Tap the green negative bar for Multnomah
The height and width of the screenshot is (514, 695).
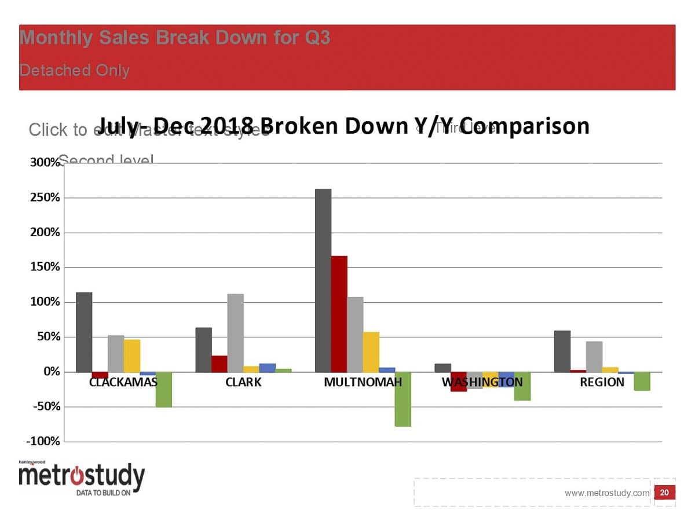[x=403, y=399]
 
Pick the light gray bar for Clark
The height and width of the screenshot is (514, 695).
[x=235, y=333]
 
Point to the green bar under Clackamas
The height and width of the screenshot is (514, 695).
[x=164, y=390]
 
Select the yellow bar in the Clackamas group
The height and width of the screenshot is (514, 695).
[x=132, y=355]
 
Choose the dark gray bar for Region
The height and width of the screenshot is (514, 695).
[x=562, y=351]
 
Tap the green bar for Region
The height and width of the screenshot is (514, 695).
[x=642, y=381]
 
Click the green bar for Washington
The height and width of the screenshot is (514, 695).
[x=522, y=386]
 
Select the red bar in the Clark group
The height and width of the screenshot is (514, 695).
[x=220, y=364]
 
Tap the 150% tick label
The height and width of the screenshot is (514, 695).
[x=45, y=267]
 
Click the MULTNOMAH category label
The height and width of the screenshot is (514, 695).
[x=363, y=382]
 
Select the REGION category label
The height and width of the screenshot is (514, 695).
[x=602, y=382]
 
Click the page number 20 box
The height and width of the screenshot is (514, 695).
[x=664, y=493]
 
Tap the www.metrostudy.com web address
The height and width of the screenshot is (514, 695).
[x=607, y=493]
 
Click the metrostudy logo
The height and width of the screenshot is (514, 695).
[x=81, y=478]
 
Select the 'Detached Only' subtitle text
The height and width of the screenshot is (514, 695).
[x=75, y=71]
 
